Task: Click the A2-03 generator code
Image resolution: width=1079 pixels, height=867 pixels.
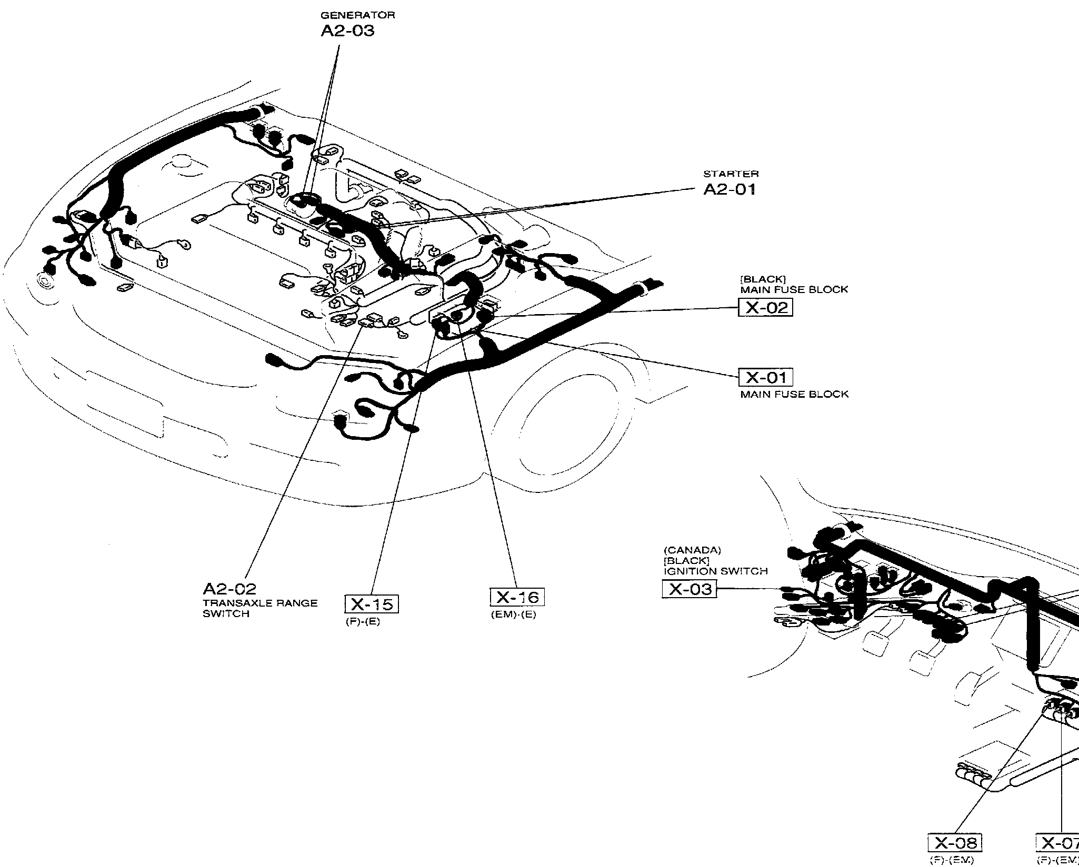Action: pyautogui.click(x=347, y=31)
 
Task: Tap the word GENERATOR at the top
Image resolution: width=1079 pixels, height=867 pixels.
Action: pyautogui.click(x=358, y=15)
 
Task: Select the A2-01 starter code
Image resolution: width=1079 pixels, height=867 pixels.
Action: pyautogui.click(x=730, y=189)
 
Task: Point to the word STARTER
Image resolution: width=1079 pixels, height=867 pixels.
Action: pyautogui.click(x=731, y=174)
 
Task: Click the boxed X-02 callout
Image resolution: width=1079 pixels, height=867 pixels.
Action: pyautogui.click(x=765, y=307)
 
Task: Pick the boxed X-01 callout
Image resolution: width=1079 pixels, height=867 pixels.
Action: pyautogui.click(x=766, y=377)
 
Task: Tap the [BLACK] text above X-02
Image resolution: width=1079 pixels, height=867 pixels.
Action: pyautogui.click(x=763, y=279)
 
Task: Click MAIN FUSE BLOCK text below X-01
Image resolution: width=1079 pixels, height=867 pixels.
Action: pyautogui.click(x=794, y=394)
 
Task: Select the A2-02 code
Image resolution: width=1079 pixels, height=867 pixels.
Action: pyautogui.click(x=229, y=588)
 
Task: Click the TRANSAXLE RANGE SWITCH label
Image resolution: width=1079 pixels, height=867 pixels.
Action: pyautogui.click(x=260, y=608)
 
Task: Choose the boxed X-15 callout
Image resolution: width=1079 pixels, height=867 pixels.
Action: pyautogui.click(x=372, y=604)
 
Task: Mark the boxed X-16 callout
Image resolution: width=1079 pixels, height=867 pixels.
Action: pyautogui.click(x=517, y=597)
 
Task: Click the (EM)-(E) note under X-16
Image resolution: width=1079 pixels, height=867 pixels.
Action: pyautogui.click(x=513, y=614)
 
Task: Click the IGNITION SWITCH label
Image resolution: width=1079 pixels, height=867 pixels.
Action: pyautogui.click(x=715, y=571)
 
